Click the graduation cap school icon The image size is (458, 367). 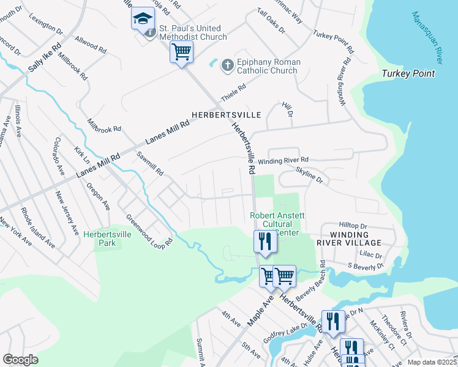pos(143,19)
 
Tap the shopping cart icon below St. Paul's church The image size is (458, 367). pos(181,53)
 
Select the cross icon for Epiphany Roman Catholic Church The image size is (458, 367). pos(227,65)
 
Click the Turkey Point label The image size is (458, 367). pos(408,74)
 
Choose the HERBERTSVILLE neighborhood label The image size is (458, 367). pos(227,115)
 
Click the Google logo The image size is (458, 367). pos(20,360)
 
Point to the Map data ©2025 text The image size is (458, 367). pos(432,362)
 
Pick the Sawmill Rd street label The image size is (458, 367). pos(150,163)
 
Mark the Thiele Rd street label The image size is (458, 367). pos(233,94)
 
